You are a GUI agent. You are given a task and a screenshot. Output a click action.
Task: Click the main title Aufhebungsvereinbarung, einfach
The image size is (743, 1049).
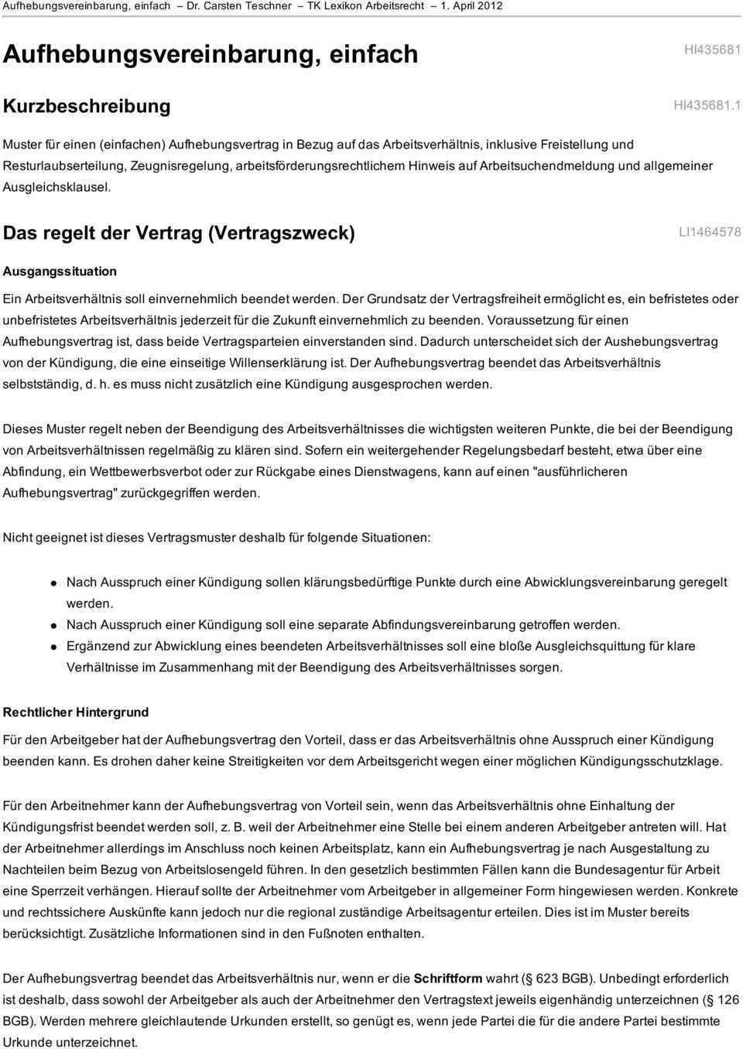[211, 54]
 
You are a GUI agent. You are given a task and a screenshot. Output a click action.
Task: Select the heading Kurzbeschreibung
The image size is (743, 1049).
[87, 105]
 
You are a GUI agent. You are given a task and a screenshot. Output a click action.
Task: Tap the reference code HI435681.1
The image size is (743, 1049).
[707, 105]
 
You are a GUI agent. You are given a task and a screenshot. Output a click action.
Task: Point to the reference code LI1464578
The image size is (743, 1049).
[709, 232]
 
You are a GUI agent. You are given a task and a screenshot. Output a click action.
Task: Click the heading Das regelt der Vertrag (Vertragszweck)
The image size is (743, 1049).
[180, 233]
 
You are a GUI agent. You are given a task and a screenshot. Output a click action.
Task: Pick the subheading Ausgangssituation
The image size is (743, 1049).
[60, 272]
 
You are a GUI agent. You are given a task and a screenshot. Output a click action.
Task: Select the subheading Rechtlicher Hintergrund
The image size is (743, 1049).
[76, 712]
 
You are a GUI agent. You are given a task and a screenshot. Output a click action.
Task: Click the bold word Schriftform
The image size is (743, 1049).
[447, 978]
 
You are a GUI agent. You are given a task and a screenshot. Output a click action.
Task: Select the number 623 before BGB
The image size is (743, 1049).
[546, 978]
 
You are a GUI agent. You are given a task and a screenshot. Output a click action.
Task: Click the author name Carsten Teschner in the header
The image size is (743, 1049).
[255, 6]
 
